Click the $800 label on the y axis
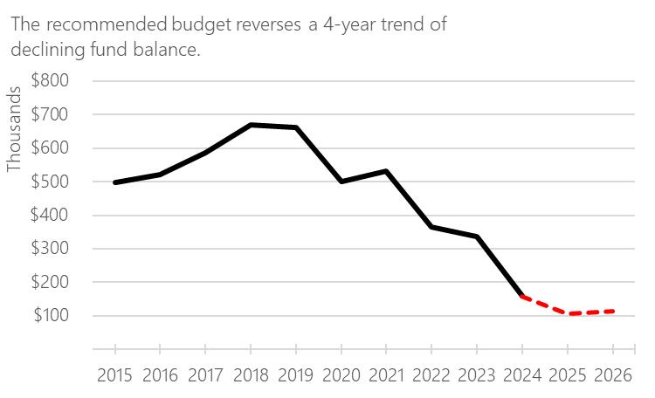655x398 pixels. pos(51,81)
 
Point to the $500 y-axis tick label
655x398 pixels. pos(51,182)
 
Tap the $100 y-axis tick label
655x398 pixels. pos(51,316)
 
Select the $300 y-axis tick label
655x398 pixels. pos(51,249)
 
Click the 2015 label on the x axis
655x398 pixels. pos(114,375)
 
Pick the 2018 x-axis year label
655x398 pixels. pos(251,375)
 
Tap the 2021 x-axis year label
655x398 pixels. pos(386,375)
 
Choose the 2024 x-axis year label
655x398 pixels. pos(521,375)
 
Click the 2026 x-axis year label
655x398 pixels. pos(612,375)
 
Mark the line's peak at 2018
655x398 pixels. pos(251,125)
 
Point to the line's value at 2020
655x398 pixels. pos(341,182)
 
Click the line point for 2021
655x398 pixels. pos(386,171)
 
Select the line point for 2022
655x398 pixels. pos(431,227)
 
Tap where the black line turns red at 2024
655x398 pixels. pos(521,297)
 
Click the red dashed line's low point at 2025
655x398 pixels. pos(567,313)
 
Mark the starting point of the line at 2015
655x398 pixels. pos(114,182)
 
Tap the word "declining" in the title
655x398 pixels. pos(46,50)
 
